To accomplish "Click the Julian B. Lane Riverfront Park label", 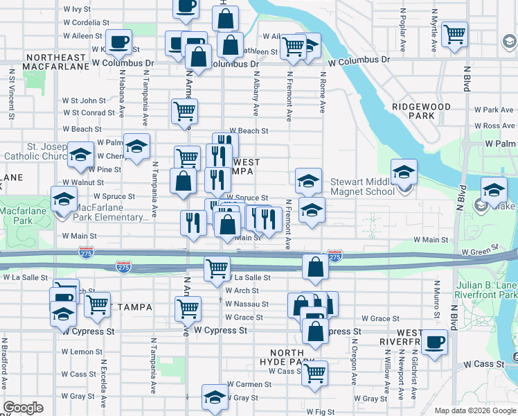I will tap(487, 290).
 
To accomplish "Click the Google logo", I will tap(23, 408).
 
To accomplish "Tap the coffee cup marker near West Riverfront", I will tap(435, 343).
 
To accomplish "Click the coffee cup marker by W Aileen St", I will tap(119, 42).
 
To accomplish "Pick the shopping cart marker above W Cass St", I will tap(316, 372).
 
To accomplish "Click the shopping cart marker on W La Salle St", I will tap(217, 268).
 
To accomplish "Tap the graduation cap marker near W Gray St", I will tap(215, 397).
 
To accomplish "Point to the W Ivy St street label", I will tap(77, 10).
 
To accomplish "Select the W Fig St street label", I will tap(319, 412).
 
